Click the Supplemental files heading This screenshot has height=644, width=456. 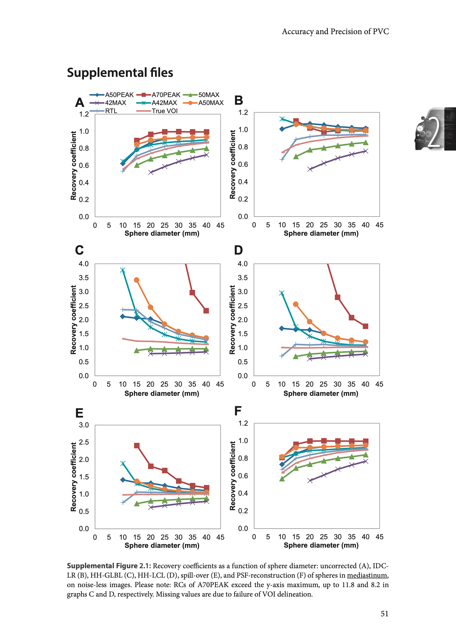(120, 73)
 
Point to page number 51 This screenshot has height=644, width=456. (384, 614)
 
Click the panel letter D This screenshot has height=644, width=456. (238, 250)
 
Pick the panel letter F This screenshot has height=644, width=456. (238, 411)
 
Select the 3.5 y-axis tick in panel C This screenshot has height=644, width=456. (84, 278)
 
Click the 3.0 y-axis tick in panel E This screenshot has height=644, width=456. (84, 425)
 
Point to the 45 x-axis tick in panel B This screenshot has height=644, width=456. (379, 225)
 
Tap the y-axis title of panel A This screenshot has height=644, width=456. (74, 166)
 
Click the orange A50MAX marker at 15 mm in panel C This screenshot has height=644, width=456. (137, 280)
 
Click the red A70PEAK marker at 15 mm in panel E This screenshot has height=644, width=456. (137, 446)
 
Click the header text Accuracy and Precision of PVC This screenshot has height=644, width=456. (335, 32)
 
